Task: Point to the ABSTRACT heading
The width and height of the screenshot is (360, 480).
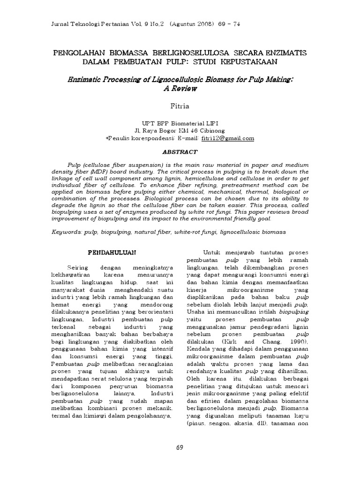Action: coord(180,152)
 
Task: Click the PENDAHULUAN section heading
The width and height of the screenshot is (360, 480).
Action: coord(112,252)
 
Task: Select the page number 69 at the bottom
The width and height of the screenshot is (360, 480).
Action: coord(180,447)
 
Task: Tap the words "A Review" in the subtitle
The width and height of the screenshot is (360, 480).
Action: coord(180,88)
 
